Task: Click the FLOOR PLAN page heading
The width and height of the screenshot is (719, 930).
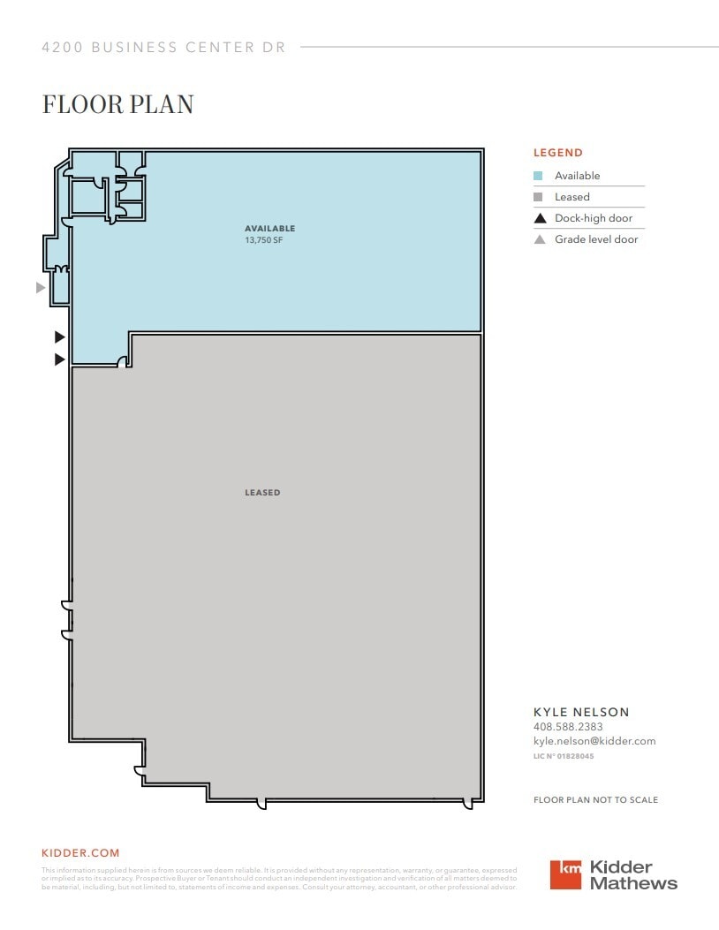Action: [x=117, y=104]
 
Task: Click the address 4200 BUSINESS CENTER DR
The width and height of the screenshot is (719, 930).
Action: [x=164, y=48]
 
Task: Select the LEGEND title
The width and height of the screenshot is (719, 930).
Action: [x=557, y=153]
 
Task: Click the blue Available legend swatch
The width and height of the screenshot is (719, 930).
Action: [x=538, y=176]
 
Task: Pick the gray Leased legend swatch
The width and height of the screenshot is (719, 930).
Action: [x=538, y=197]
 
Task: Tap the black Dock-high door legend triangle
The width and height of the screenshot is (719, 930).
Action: [x=540, y=218]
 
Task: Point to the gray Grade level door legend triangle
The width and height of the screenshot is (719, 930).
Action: [x=540, y=239]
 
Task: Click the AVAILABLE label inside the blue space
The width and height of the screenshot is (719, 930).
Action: [x=269, y=229]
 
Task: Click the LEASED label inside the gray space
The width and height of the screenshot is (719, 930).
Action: [x=262, y=493]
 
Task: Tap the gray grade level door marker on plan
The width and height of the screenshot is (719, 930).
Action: [x=40, y=288]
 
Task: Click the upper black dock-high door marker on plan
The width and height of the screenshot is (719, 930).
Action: [x=60, y=336]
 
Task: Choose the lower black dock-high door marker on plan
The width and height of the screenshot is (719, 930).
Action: [x=60, y=359]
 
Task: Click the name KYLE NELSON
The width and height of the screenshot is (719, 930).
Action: [x=581, y=712]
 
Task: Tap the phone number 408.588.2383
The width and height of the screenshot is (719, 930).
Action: [x=568, y=727]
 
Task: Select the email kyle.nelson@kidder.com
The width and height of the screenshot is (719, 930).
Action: [x=594, y=741]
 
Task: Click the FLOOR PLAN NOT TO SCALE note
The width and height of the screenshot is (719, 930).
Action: [x=595, y=800]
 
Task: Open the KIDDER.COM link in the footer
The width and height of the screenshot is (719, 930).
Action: [x=80, y=853]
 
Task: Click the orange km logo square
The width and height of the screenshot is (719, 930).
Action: [x=566, y=873]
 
